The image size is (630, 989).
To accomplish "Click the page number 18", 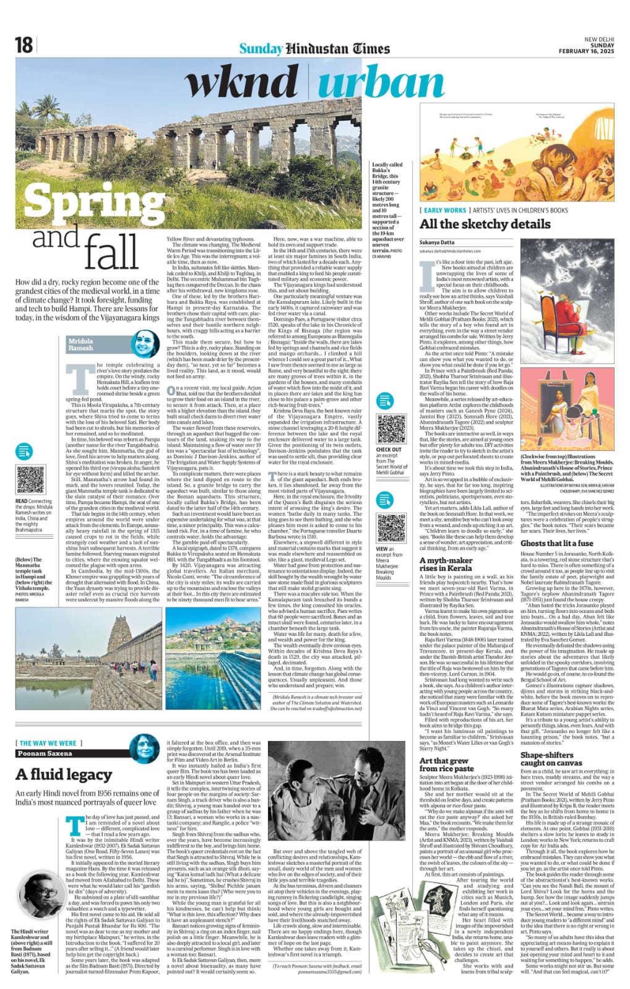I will pos(24,45).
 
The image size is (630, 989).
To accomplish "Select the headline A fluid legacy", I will pos(64,774).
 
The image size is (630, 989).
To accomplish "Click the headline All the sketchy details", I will pos(485,224).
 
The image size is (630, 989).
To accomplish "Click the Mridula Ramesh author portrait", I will pos(145,344).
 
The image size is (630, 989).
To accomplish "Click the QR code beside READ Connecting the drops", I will pos(30,479).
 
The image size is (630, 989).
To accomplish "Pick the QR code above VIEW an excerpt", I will pos(391,526).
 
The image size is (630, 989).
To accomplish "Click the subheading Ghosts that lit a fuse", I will pos(557,542).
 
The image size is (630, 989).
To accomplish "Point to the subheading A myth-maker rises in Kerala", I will pos(446,563).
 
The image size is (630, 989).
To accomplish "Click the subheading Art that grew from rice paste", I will pos(446,764).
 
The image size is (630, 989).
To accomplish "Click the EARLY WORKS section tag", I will pos(445,210).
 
